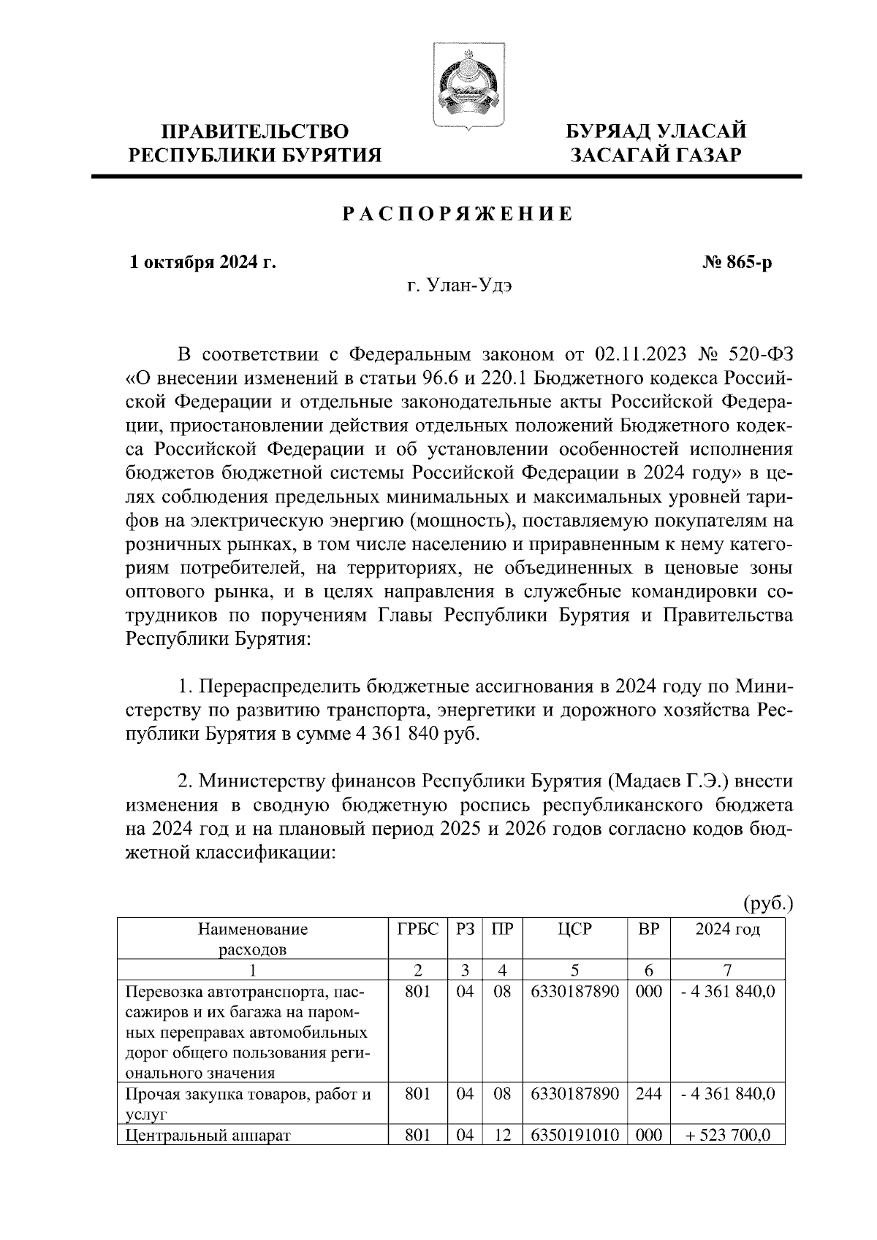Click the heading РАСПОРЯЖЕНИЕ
458,215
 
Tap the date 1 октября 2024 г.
202,261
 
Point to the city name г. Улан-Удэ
460,286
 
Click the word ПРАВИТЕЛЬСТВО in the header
255,131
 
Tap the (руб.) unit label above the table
767,904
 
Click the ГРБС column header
418,930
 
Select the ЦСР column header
575,930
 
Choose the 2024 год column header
727,930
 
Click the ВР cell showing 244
648,1094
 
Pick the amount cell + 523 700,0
727,1136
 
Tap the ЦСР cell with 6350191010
575,1136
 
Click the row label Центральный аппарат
208,1136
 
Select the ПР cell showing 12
502,1136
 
